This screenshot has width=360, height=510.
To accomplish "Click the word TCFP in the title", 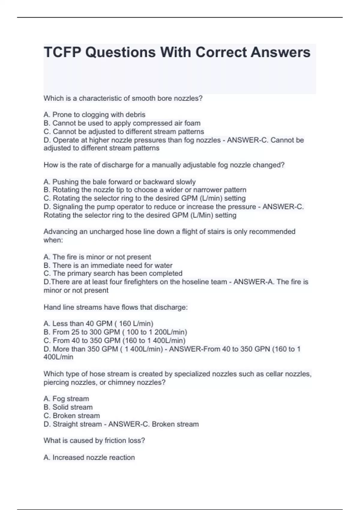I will [62, 52].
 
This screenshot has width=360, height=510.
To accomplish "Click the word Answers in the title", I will [280, 52].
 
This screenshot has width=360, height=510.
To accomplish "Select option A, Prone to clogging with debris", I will [94, 115].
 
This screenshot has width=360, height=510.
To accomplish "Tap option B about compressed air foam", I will [122, 123].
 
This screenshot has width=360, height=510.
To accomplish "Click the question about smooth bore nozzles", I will [123, 98].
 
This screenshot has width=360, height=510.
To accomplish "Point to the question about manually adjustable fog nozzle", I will [164, 165].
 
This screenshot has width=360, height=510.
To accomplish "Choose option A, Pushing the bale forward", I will [120, 182].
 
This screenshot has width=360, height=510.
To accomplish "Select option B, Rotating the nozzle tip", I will [145, 190].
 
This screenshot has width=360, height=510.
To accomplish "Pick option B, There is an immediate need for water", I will [108, 265].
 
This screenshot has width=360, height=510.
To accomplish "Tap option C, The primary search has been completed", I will [113, 274].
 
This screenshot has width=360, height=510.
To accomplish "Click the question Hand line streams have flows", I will [115, 307].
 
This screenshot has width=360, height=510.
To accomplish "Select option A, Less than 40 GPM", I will [98, 324].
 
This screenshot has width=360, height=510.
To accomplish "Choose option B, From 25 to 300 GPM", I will [115, 332].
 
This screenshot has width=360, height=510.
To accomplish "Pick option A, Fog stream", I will [66, 399].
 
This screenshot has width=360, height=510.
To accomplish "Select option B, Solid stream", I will [68, 407].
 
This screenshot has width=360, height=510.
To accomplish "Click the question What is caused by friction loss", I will [94, 441].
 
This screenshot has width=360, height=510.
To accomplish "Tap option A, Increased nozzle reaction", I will [89, 457].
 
